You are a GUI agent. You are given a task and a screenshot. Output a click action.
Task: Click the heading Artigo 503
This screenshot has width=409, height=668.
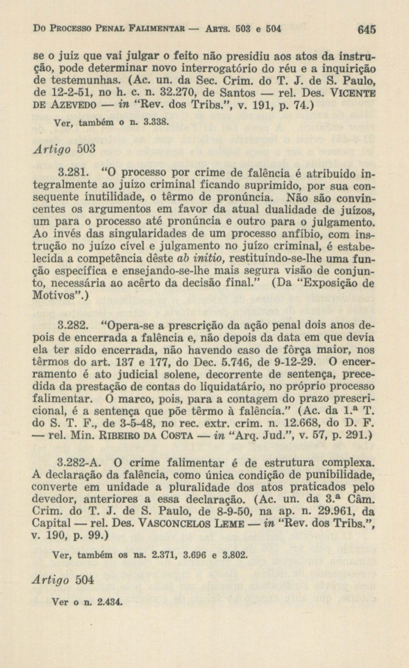point(64,149)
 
